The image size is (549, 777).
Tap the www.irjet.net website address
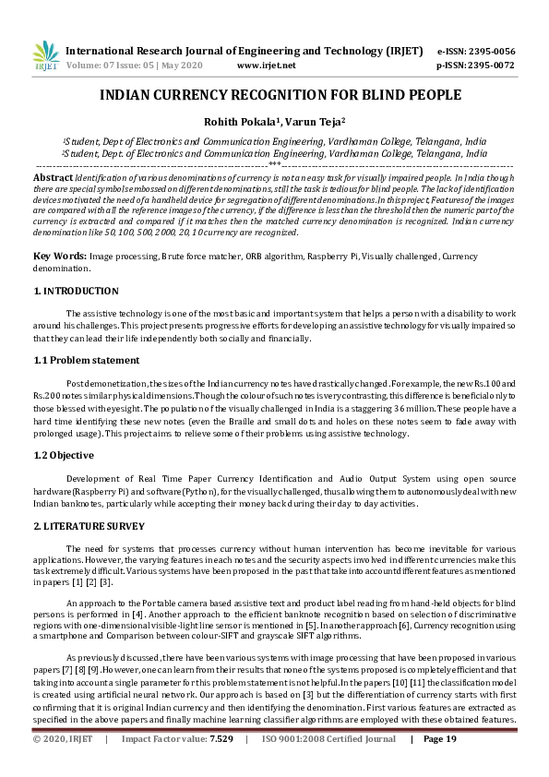[266, 66]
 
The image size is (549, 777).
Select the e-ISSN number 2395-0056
[489, 51]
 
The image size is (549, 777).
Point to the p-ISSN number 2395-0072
[489, 66]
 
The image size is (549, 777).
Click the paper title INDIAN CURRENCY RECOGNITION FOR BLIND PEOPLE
[274, 95]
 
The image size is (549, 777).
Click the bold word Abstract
[53, 175]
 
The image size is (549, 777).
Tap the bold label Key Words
[58, 255]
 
